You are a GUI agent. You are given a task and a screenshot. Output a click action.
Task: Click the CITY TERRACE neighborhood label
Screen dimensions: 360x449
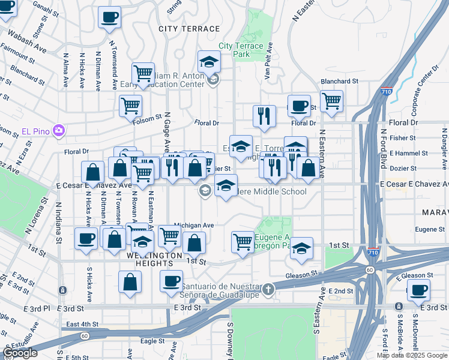(189, 29)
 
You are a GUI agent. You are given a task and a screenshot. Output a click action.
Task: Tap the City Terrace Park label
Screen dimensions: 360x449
(241, 50)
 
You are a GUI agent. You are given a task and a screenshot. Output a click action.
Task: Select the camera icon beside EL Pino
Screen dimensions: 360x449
(58, 130)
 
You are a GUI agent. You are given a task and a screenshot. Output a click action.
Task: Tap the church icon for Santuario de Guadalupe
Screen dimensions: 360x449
(270, 289)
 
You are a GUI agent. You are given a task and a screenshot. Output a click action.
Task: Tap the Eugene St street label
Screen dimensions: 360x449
(429, 229)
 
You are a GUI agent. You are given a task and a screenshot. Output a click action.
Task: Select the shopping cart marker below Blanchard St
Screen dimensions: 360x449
(331, 101)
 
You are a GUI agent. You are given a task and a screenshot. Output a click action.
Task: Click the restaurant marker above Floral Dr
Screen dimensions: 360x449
(264, 115)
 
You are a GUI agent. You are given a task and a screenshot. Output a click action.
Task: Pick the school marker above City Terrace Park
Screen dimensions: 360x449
(209, 61)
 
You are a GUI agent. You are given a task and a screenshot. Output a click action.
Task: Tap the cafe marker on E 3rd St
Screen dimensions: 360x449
(418, 291)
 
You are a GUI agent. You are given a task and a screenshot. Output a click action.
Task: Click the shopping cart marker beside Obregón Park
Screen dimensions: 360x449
(243, 242)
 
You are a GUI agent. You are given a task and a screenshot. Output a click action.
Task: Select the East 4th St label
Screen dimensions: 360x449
(82, 324)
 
